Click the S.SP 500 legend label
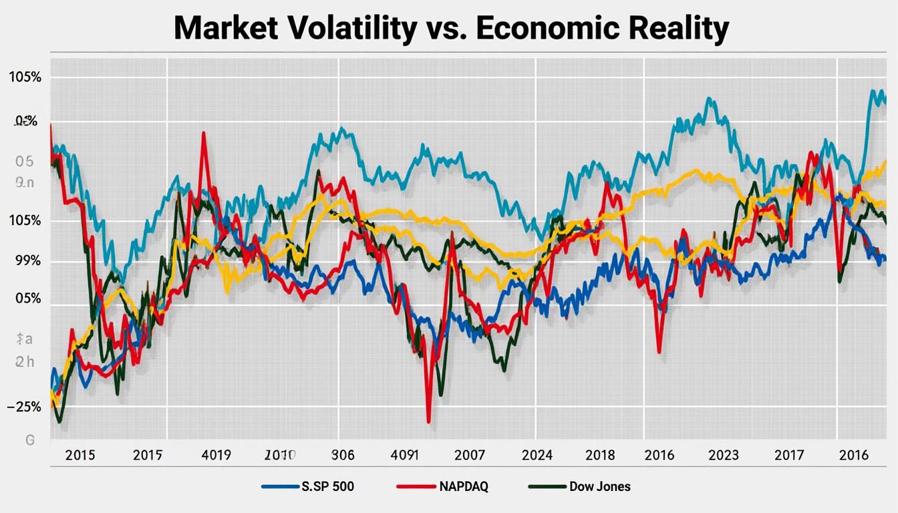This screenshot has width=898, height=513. pos(327,486)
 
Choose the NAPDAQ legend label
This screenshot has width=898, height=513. pos(463,486)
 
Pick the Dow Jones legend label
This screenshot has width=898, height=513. pos(599,486)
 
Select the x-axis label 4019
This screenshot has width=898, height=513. pos(216,456)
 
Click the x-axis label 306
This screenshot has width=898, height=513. pos(343,456)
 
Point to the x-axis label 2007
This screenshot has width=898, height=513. pos(470,456)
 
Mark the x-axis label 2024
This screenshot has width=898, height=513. pos(537,456)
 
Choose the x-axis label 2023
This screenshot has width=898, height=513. pos(724,456)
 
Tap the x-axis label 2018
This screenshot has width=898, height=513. pos(600,456)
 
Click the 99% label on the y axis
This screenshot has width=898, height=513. pos(24,261)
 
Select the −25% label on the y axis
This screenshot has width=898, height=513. pos(24,406)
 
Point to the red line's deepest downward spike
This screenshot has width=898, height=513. pos(428,421)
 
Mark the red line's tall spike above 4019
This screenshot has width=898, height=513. pos(203,134)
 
